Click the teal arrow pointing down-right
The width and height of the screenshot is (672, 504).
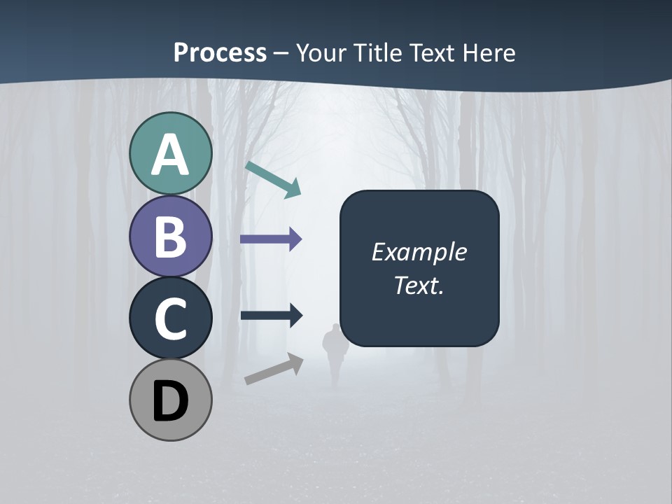coord(274,179)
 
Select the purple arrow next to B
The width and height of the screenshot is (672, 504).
coord(271,239)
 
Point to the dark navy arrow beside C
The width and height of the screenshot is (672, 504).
coord(271,315)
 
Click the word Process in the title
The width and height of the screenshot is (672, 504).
coord(220,53)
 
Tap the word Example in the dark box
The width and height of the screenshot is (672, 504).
coord(419,252)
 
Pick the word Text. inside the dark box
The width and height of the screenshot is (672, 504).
coord(419,285)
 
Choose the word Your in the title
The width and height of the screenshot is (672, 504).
coord(321,53)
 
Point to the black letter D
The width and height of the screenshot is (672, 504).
coord(171,401)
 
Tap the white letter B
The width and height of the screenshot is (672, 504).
coord(171,237)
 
